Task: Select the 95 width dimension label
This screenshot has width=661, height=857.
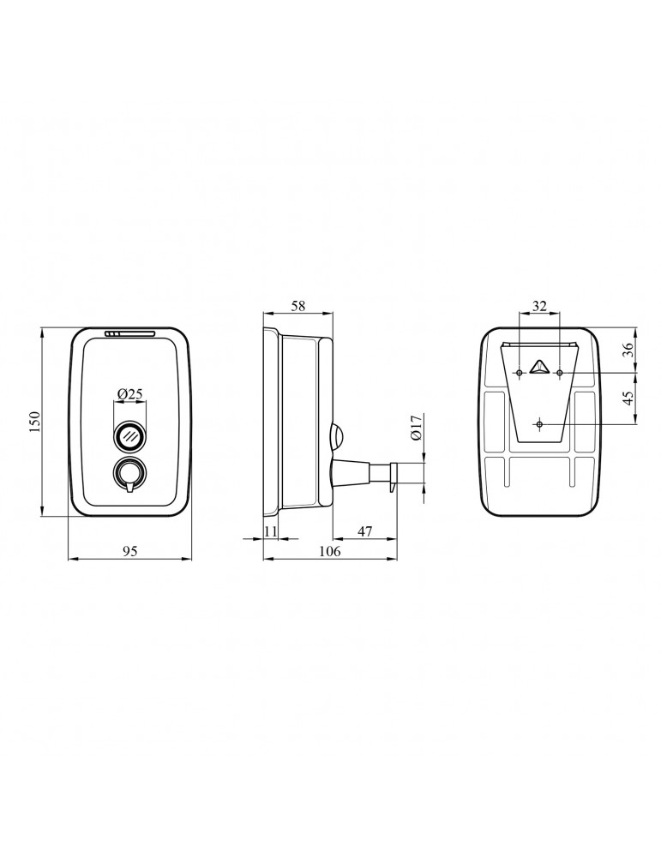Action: [x=129, y=551]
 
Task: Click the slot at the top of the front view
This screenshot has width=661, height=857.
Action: [x=129, y=335]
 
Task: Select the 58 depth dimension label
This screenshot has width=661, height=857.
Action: [x=297, y=305]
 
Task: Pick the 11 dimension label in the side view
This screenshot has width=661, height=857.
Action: [x=270, y=531]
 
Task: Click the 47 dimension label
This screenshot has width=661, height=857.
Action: [x=364, y=531]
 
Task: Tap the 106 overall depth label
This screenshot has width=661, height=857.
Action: [x=329, y=551]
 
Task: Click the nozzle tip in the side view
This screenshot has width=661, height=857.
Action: [x=393, y=476]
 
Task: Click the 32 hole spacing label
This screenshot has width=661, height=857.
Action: [x=539, y=305]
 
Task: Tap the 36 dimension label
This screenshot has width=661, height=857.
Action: [x=628, y=350]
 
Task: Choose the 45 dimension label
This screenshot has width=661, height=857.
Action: [x=628, y=399]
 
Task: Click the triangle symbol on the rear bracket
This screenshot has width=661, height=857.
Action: [x=538, y=368]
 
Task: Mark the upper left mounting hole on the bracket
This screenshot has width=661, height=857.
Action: [x=519, y=373]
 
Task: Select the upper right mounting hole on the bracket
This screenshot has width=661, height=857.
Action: [x=559, y=373]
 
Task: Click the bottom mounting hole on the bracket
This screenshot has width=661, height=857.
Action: [x=538, y=424]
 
